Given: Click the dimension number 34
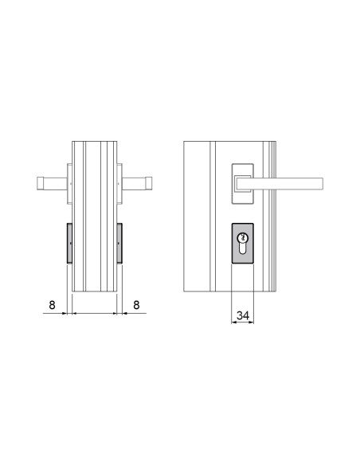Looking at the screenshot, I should (244, 315).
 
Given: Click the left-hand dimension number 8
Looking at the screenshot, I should (52, 304).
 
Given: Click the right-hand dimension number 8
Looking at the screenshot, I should (137, 304).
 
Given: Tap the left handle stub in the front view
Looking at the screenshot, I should (53, 183).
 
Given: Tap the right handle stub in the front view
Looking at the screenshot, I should (135, 183).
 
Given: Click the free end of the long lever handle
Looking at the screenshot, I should (319, 183).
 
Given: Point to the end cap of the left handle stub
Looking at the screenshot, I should (39, 183).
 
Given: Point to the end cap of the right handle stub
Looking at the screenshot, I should (149, 183).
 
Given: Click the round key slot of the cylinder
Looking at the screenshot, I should (244, 237).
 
